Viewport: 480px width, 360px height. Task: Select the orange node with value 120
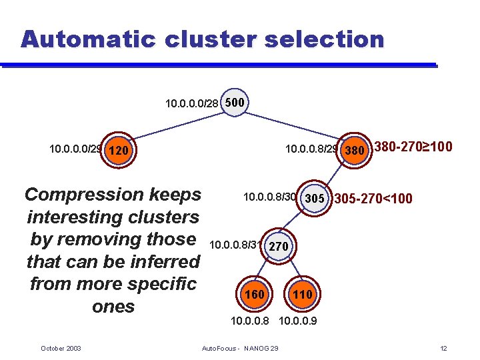118,150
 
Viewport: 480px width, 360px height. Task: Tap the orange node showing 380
353,150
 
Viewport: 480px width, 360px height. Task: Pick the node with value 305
314,198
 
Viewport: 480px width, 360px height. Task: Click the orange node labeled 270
278,246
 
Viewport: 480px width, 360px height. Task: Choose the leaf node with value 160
254,294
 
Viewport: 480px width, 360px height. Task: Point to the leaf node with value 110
302,294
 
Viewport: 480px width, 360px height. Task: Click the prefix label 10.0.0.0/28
191,103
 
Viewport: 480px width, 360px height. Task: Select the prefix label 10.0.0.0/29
75,149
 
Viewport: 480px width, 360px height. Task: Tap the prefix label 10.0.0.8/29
311,149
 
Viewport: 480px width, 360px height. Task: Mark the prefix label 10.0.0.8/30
269,197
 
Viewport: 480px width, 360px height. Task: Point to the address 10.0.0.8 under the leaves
250,321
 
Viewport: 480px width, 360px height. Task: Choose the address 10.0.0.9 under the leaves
297,321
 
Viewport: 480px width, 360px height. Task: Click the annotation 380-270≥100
413,147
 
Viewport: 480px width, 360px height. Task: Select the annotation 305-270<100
373,199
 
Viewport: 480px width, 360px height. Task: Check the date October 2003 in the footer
61,349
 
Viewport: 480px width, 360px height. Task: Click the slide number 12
444,349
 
